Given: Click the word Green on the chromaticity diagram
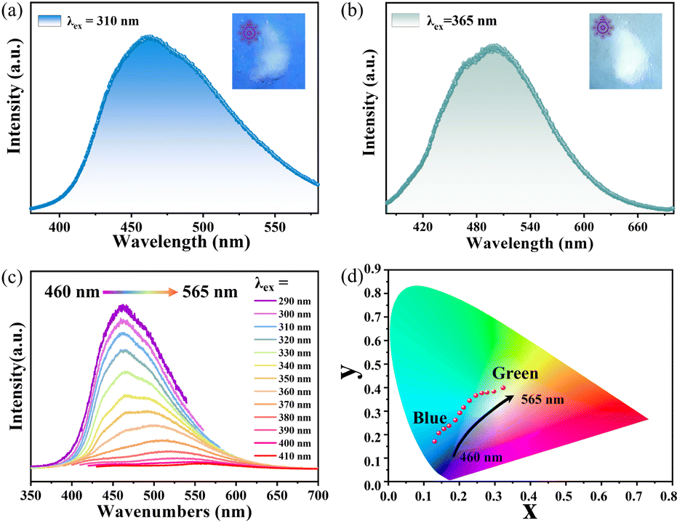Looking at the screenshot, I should (515, 374).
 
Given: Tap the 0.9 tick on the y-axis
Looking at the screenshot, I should (374, 269).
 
